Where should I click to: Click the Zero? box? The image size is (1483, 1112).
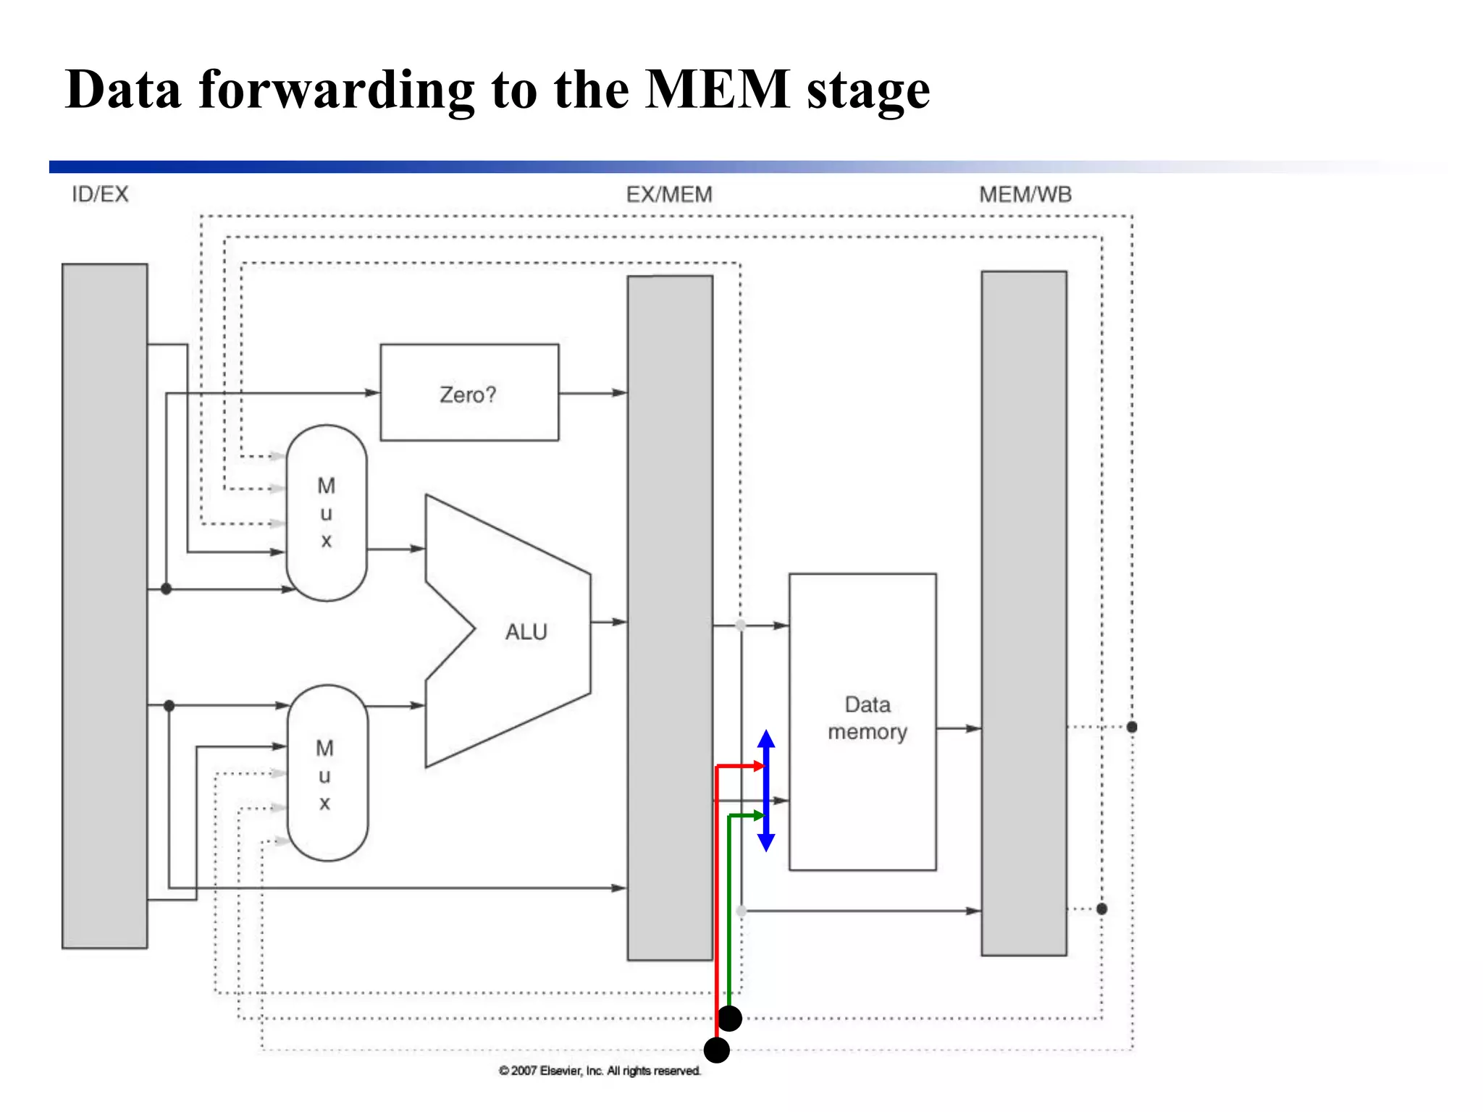(x=469, y=392)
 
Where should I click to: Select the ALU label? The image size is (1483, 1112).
(x=526, y=631)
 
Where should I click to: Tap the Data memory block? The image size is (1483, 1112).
(x=862, y=721)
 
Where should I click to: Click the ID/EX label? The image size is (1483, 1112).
(x=100, y=194)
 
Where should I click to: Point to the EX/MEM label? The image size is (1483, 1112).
(x=669, y=194)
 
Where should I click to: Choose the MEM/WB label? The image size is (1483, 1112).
(x=1025, y=194)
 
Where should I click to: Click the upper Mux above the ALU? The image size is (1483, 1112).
(x=327, y=513)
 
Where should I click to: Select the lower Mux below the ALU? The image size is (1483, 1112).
(x=327, y=773)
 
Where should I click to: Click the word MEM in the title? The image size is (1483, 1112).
(x=717, y=90)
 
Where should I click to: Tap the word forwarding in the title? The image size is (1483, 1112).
(x=337, y=90)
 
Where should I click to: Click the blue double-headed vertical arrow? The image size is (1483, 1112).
(x=766, y=791)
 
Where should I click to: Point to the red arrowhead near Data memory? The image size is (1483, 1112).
(x=759, y=766)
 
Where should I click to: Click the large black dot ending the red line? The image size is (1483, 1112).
(x=716, y=1050)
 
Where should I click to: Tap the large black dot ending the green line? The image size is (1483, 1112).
(x=730, y=1019)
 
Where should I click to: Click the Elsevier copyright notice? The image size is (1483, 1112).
(x=600, y=1071)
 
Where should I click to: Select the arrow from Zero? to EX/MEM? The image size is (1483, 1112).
(x=592, y=393)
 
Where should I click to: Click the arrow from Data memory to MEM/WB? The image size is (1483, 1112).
(x=958, y=728)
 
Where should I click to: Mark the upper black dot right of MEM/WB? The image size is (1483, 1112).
(x=1132, y=727)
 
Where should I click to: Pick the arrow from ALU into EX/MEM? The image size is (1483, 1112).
(x=608, y=622)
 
